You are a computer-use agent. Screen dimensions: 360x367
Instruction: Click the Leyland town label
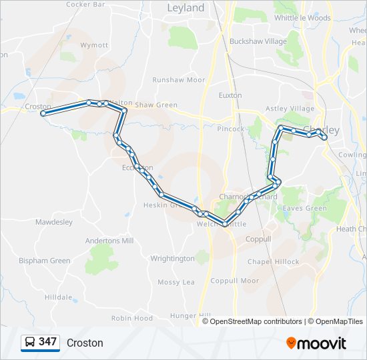click(186, 8)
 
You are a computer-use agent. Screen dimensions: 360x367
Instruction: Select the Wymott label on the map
click(94, 45)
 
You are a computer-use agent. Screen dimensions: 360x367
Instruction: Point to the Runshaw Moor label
click(178, 80)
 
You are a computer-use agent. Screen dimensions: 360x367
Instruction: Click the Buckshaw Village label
click(258, 41)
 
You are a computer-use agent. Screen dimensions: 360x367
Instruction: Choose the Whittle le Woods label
click(302, 19)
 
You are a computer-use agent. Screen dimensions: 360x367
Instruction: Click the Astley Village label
click(290, 109)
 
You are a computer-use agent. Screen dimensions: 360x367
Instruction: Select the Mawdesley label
click(53, 222)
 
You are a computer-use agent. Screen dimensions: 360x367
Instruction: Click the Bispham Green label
click(44, 261)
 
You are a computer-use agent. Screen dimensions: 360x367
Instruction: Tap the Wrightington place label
click(173, 259)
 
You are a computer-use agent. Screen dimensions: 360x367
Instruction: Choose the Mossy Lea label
click(176, 283)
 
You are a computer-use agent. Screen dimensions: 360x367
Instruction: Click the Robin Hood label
click(132, 319)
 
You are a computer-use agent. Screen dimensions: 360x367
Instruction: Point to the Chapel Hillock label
click(274, 262)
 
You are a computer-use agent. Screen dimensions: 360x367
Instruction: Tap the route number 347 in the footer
click(47, 342)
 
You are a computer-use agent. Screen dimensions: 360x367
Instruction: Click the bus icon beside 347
click(31, 343)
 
